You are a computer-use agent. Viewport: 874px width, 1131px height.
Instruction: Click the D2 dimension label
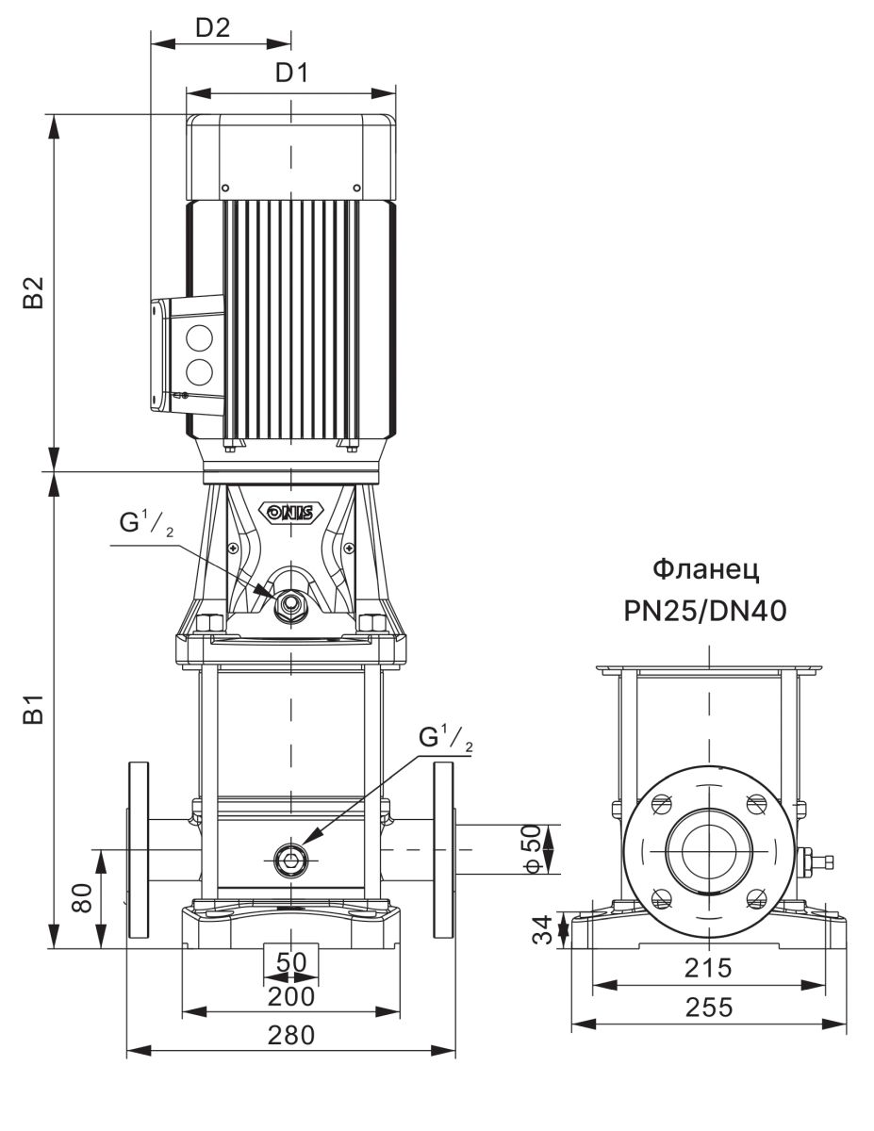(213, 27)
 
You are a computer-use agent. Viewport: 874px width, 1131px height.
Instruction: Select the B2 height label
(35, 293)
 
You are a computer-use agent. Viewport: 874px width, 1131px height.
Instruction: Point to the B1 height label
(35, 712)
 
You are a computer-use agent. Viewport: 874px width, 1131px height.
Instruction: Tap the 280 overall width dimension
(290, 1035)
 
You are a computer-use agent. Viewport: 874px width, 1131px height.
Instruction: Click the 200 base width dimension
(290, 996)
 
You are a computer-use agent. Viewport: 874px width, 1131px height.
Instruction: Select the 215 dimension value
(707, 968)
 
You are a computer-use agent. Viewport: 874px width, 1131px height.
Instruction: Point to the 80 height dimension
(83, 897)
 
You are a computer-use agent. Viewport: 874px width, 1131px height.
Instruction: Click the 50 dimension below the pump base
(290, 962)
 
